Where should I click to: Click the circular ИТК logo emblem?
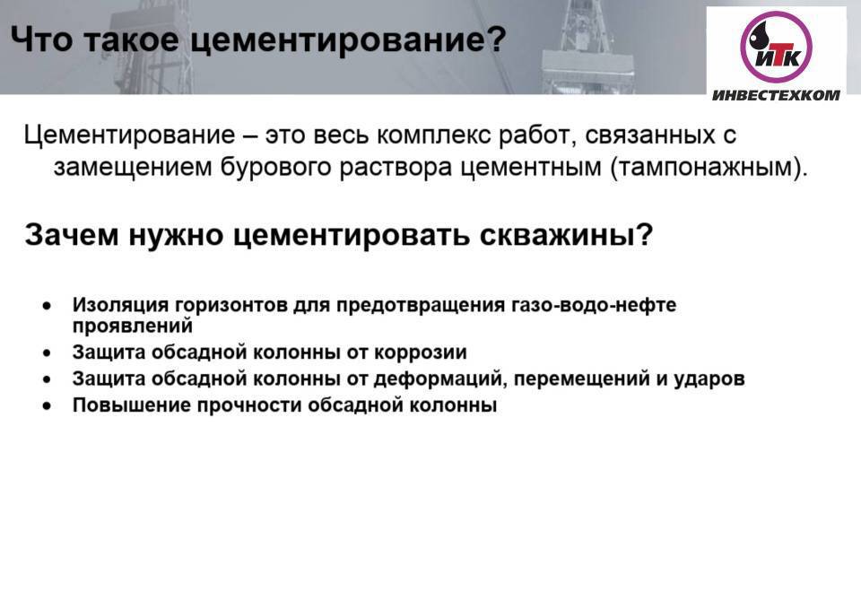point(776,48)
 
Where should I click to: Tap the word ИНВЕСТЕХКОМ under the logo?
point(776,95)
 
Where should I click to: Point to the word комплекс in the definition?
point(433,135)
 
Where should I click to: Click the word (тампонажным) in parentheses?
point(709,168)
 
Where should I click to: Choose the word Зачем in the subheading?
point(72,234)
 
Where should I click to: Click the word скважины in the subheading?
point(566,235)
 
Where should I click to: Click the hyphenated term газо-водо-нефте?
point(594,305)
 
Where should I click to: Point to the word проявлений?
point(133,326)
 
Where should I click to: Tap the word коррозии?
point(420,352)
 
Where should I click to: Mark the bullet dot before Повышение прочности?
point(48,405)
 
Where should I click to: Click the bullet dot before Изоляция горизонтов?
point(48,305)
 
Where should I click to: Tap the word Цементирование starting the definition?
point(129,135)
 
